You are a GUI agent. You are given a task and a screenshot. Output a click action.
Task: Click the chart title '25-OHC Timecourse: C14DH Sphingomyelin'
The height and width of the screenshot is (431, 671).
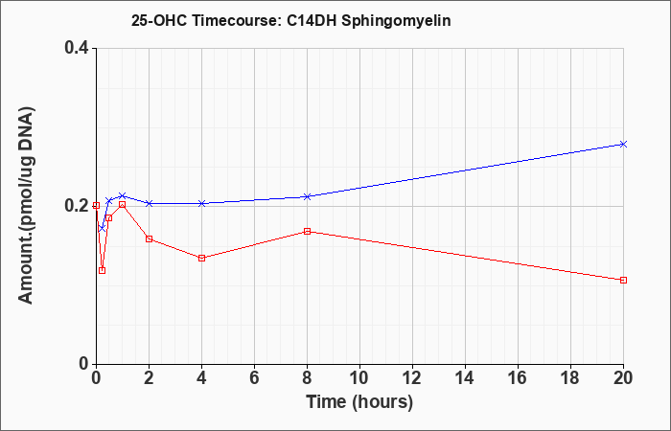click(291, 20)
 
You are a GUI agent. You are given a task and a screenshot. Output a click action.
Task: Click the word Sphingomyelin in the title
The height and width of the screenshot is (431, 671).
click(395, 20)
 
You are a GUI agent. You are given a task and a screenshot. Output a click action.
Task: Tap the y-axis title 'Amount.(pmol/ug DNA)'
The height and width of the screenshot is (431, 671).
click(27, 206)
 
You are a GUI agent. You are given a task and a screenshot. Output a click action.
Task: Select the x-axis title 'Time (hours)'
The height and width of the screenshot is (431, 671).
click(359, 402)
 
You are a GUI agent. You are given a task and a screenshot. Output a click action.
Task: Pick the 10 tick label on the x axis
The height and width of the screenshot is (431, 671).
click(359, 377)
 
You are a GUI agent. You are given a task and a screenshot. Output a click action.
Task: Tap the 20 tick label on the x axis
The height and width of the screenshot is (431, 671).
click(623, 377)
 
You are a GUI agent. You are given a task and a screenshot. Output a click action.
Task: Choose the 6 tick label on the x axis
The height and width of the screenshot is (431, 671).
click(255, 377)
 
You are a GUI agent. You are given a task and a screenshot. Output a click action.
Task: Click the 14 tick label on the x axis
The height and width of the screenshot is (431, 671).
click(465, 377)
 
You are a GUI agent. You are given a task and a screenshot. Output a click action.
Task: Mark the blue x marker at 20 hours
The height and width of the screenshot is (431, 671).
click(623, 144)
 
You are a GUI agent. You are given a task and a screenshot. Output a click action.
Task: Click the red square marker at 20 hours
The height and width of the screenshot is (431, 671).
click(623, 280)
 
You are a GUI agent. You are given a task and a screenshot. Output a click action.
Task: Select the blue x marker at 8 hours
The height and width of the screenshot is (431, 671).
click(308, 196)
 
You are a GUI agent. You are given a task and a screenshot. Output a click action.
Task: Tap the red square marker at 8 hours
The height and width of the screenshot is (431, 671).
click(308, 232)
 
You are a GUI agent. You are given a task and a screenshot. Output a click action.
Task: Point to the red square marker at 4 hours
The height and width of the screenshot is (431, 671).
click(202, 258)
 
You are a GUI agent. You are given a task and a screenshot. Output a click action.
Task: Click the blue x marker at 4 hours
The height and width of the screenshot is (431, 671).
click(202, 203)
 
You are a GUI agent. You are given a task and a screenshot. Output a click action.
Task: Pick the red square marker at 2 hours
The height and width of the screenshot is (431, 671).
click(150, 238)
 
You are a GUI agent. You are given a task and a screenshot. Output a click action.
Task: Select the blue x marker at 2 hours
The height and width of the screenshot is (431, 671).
click(150, 203)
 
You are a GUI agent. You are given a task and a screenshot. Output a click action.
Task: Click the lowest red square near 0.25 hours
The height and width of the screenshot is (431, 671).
click(102, 270)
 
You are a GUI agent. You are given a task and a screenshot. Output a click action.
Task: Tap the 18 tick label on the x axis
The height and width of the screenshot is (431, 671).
click(570, 377)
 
